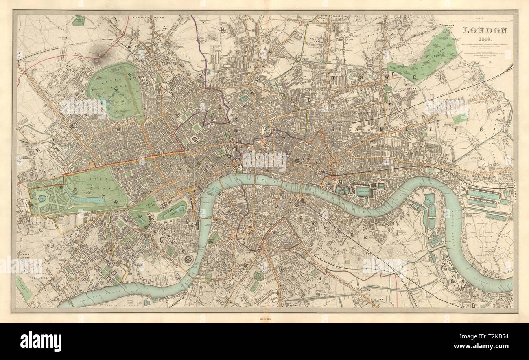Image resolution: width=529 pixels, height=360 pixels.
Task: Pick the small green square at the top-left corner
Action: click(78, 20)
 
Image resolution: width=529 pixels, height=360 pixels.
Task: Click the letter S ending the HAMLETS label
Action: click(481, 130)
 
